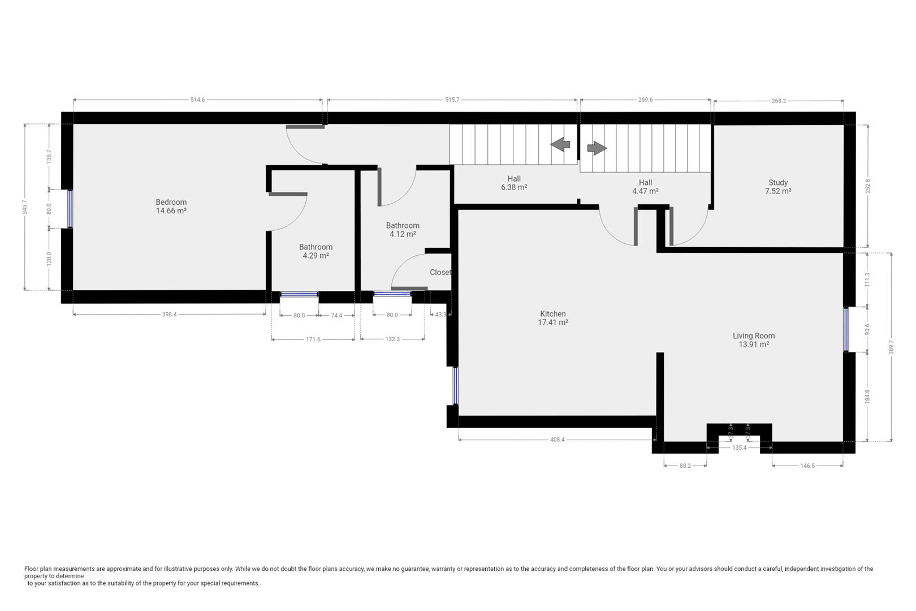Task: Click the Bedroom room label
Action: tap(171, 202)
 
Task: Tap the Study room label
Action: tap(778, 183)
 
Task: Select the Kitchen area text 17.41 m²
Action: tap(553, 322)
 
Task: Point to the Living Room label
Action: tap(754, 336)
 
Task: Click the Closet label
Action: tap(440, 272)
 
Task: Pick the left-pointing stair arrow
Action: tap(560, 144)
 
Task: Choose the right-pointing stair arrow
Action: tap(597, 148)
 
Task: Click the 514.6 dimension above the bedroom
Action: tap(197, 100)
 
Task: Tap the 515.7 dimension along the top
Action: tap(452, 100)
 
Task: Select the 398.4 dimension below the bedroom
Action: tap(169, 315)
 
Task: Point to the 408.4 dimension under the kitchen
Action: tap(558, 440)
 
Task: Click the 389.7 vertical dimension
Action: tap(891, 347)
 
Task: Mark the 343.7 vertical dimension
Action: tap(24, 207)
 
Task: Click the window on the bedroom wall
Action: tap(70, 209)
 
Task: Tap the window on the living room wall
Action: tap(846, 329)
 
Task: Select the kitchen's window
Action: tap(455, 385)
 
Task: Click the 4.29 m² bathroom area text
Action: tap(316, 256)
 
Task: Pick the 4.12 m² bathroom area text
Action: tap(403, 234)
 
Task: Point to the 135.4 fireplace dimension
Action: tap(740, 448)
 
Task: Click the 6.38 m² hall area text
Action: tap(514, 187)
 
